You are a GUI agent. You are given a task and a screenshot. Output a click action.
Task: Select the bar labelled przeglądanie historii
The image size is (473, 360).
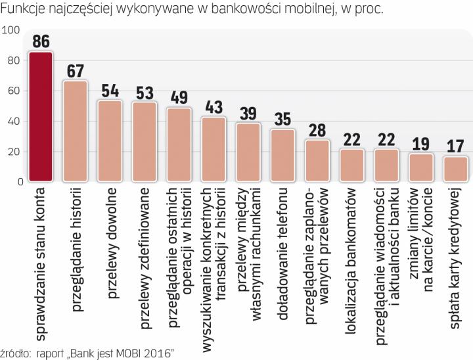tap(75, 131)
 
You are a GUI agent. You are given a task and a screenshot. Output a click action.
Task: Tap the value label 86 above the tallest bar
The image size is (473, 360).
tap(41, 41)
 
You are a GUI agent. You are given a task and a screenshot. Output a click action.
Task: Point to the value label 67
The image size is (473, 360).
tap(75, 70)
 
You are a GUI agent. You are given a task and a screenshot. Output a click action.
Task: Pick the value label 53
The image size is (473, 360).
tap(144, 92)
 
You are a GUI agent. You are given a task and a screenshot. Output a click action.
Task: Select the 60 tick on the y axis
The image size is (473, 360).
tap(13, 91)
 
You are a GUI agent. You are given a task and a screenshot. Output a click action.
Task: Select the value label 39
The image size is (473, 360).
tap(248, 113)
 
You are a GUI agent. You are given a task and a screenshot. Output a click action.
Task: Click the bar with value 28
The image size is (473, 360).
tap(317, 161)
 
